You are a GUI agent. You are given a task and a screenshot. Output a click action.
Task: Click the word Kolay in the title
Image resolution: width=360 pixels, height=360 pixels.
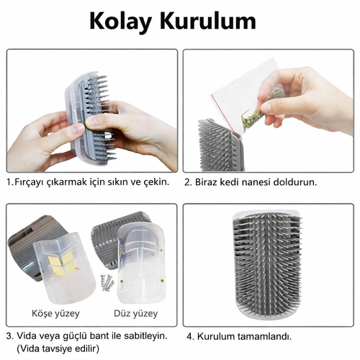pyautogui.click(x=120, y=22)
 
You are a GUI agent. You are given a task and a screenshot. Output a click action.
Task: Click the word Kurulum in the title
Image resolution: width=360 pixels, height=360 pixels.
pyautogui.click(x=208, y=21)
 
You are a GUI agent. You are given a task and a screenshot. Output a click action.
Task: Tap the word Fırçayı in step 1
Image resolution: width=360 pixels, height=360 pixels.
pyautogui.click(x=30, y=182)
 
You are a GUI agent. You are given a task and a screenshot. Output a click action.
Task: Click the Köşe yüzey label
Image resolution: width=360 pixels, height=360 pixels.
pyautogui.click(x=55, y=313)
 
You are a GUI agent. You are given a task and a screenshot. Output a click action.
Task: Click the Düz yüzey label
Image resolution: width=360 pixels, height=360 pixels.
pyautogui.click(x=135, y=313)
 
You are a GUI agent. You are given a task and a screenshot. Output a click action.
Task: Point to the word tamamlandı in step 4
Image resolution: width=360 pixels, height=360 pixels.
pyautogui.click(x=265, y=336)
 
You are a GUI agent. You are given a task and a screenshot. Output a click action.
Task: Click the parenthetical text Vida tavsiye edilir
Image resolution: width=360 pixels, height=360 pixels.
pyautogui.click(x=58, y=348)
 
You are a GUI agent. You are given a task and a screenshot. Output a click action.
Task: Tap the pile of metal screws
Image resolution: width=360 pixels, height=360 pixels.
pyautogui.click(x=107, y=283)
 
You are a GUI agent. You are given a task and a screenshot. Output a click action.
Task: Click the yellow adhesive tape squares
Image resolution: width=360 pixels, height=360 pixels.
pyautogui.click(x=62, y=264)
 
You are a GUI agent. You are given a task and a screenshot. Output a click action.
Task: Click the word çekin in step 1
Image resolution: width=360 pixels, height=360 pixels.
pyautogui.click(x=156, y=182)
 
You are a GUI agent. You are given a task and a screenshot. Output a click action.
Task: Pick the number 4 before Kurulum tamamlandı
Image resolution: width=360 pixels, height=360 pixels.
pyautogui.click(x=189, y=336)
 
